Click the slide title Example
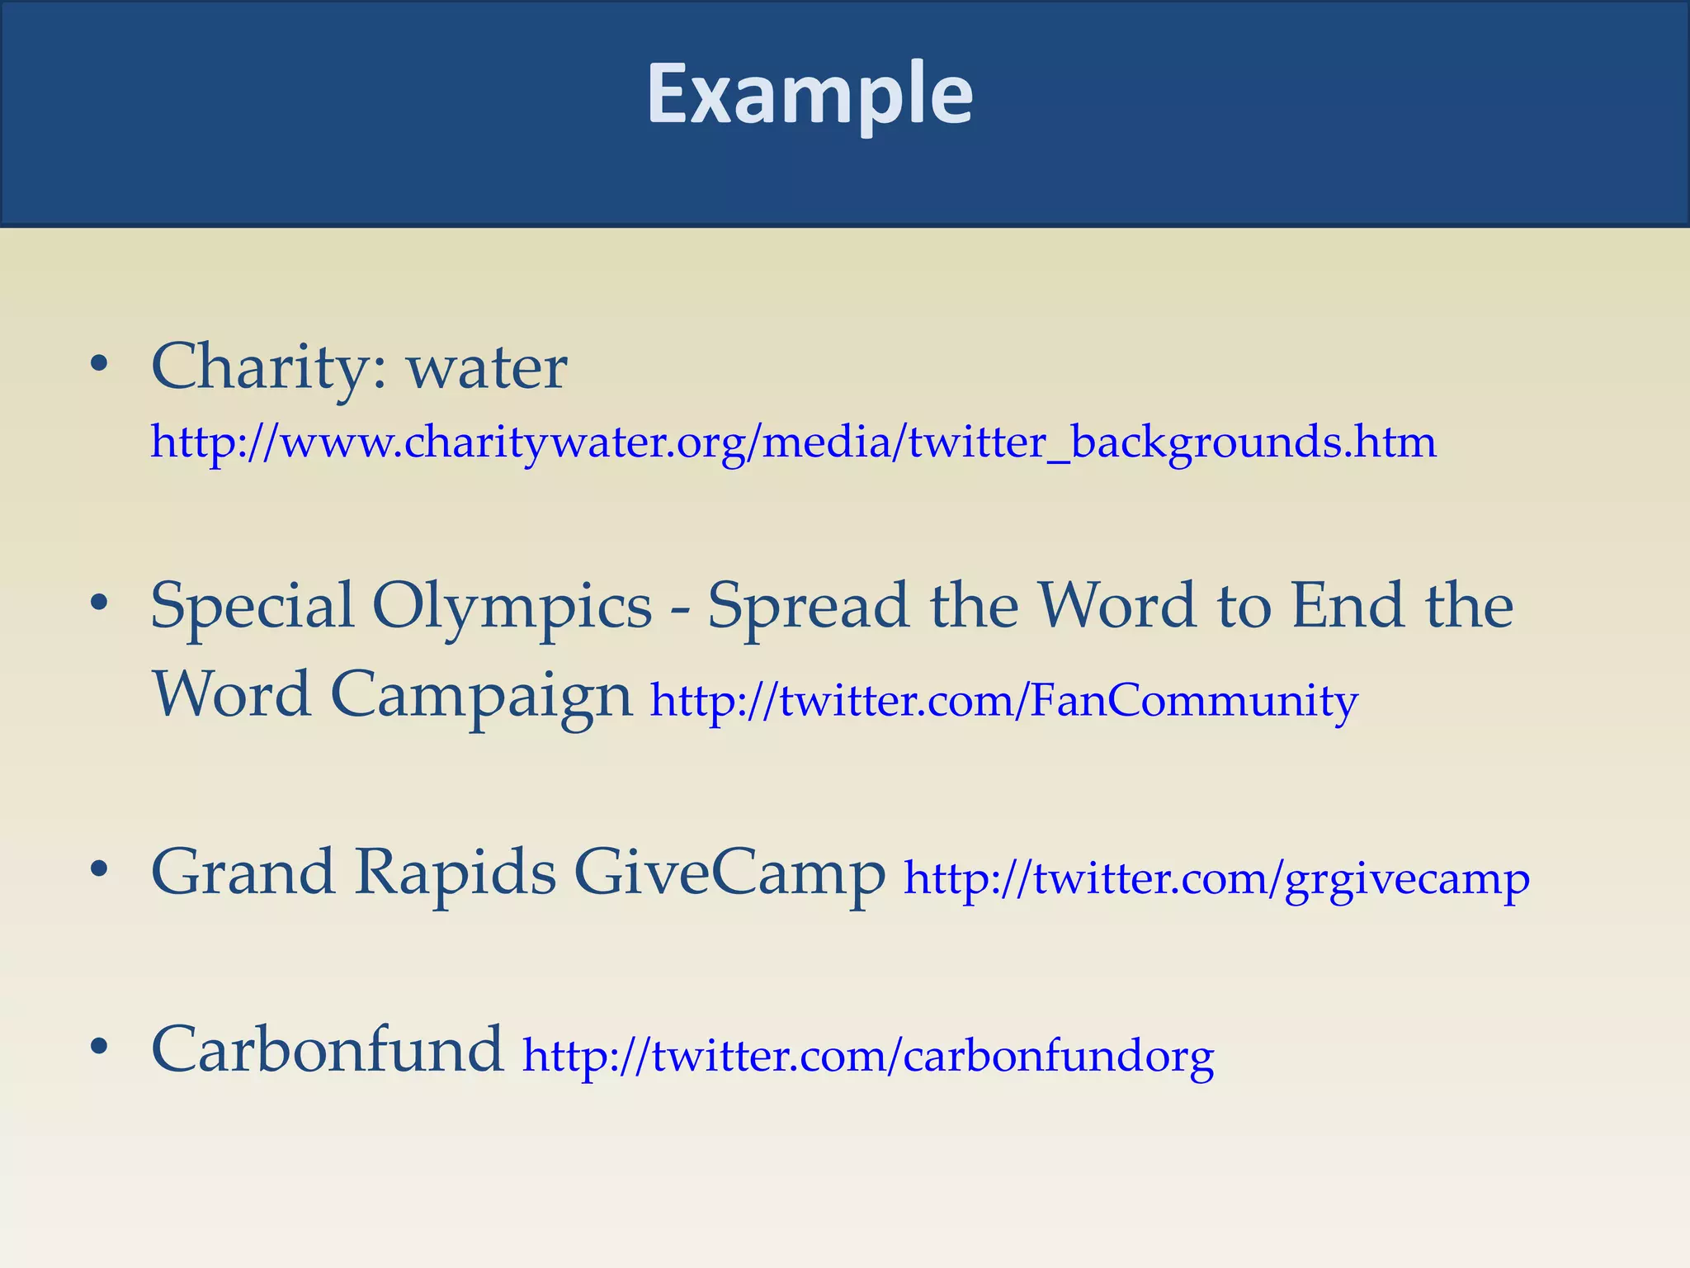(810, 95)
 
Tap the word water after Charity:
(487, 368)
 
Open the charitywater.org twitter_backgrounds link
(793, 442)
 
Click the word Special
(253, 608)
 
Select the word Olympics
(512, 608)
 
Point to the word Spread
(809, 608)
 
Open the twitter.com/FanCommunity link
(1003, 701)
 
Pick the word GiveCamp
(729, 873)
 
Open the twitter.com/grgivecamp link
(1216, 878)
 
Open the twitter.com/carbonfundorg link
(868, 1056)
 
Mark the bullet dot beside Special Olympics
(100, 603)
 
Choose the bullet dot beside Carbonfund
(100, 1046)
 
